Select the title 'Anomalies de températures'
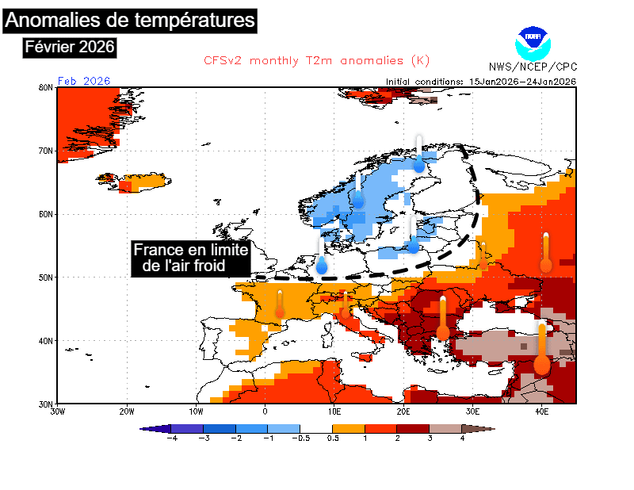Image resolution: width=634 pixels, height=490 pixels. (x=131, y=19)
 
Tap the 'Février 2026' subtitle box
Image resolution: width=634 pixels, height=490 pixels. (x=71, y=48)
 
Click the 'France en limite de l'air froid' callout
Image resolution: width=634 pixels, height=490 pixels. (x=191, y=258)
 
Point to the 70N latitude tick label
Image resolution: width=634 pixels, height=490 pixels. (x=46, y=151)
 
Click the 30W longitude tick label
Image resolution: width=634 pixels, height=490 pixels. (x=57, y=411)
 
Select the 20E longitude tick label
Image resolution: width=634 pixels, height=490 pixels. (x=403, y=411)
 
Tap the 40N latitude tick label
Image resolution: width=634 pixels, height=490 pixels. (x=46, y=341)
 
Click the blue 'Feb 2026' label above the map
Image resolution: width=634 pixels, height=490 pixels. (x=84, y=81)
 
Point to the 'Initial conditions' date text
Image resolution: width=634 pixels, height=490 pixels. (x=481, y=81)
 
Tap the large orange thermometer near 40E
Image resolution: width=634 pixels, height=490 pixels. (x=542, y=349)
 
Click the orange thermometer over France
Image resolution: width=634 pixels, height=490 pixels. (x=280, y=305)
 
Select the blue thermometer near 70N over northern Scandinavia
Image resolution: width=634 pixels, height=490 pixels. (x=419, y=155)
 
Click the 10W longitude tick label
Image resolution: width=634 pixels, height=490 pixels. (x=196, y=411)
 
